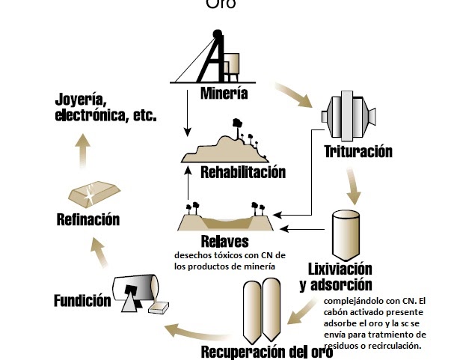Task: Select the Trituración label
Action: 358,152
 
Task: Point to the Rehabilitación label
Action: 243,173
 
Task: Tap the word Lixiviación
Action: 340,268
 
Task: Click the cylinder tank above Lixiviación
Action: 346,232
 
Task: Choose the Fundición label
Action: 82,301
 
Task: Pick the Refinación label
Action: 88,219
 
